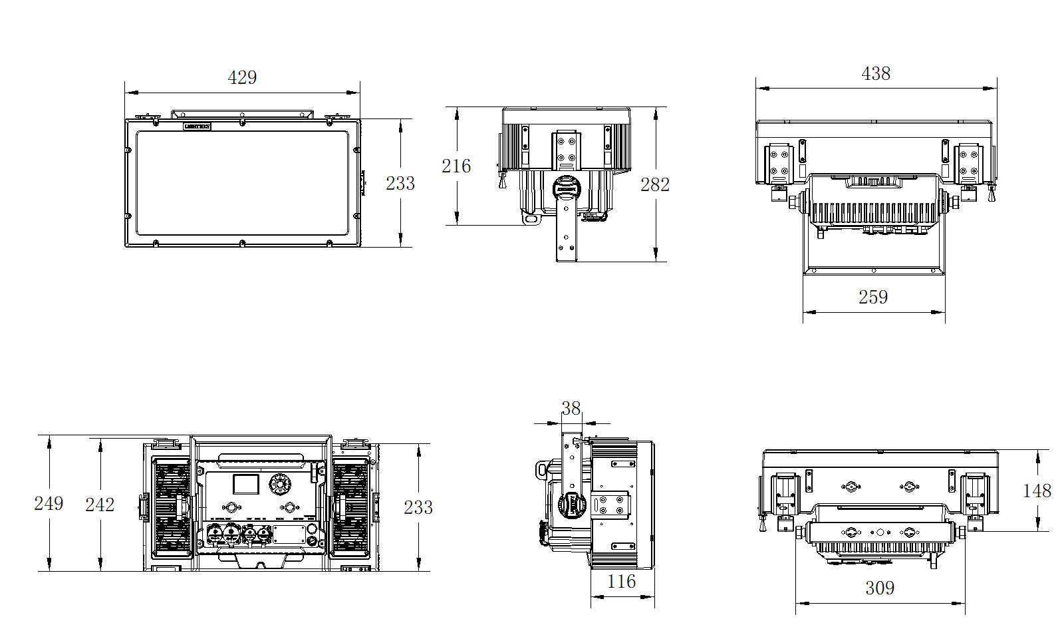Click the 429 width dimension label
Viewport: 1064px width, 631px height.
(242, 78)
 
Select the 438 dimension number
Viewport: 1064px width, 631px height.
(875, 74)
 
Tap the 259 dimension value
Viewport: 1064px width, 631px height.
(872, 297)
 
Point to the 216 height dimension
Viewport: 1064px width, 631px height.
(456, 166)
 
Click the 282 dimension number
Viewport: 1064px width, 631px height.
(654, 184)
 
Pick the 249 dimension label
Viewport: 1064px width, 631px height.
(49, 503)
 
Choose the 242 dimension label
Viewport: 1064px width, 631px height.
(100, 505)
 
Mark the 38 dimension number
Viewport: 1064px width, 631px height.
(571, 408)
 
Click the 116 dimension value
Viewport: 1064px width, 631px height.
(621, 582)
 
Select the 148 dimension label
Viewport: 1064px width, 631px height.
(1037, 491)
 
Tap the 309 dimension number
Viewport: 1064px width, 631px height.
(879, 588)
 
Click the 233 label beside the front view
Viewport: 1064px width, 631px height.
(400, 183)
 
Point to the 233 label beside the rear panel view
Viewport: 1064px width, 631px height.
(418, 507)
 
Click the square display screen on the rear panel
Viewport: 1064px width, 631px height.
(245, 484)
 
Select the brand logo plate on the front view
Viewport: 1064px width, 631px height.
(197, 126)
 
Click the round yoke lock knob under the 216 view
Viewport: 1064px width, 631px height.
(567, 188)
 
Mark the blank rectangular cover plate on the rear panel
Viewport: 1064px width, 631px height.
(289, 534)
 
